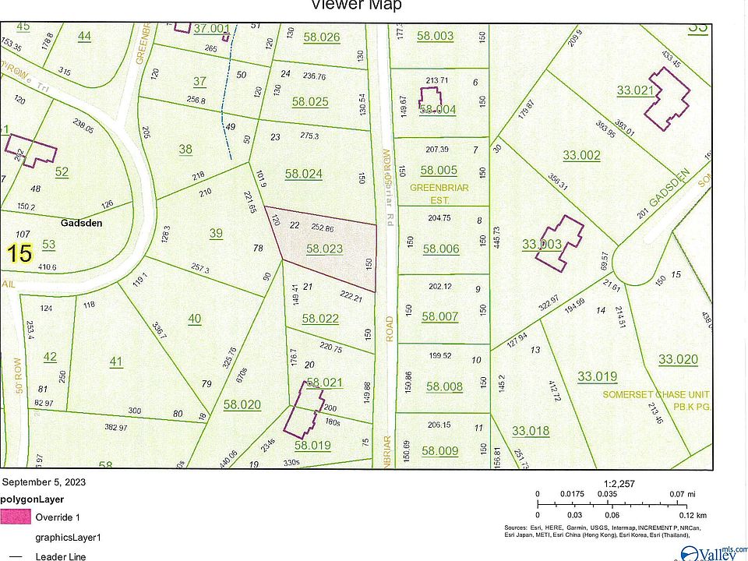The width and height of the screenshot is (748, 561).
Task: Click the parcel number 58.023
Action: (324, 249)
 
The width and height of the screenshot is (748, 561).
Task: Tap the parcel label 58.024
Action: (303, 175)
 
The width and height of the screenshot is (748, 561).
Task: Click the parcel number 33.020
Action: (678, 359)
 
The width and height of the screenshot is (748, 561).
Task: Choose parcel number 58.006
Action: (441, 249)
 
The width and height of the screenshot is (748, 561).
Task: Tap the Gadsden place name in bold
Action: (81, 222)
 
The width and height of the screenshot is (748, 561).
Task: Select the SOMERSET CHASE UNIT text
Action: (655, 395)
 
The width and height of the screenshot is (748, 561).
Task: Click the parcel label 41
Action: (116, 362)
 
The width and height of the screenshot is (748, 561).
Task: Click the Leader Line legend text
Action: (61, 556)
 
